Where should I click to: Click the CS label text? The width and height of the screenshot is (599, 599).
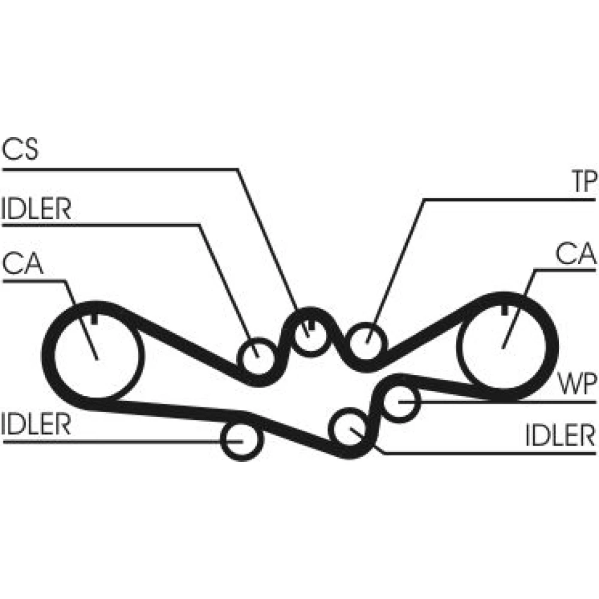click(x=21, y=149)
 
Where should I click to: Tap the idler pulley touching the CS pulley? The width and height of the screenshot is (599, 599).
click(x=258, y=355)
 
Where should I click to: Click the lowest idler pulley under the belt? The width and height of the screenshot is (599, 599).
click(x=242, y=440)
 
